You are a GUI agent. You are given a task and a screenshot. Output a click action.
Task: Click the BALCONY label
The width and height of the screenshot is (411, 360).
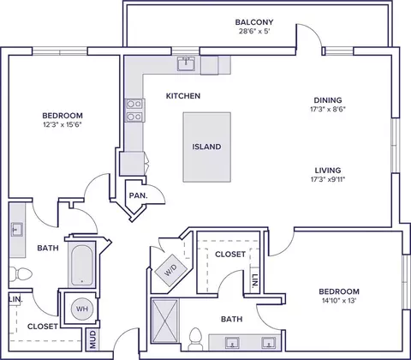click(x=254, y=22)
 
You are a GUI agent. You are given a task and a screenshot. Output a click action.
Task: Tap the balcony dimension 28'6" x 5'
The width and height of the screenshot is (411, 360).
click(x=254, y=31)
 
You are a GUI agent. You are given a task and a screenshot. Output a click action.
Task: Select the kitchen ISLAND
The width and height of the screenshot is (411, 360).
click(x=206, y=147)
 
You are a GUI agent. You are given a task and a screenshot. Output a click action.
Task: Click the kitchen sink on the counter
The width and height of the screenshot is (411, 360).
click(x=186, y=63)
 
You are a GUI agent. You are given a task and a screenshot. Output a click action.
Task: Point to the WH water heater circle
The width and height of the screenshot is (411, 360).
click(x=82, y=309)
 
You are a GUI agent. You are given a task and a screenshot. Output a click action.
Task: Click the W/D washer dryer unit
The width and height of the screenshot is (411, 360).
click(x=170, y=269)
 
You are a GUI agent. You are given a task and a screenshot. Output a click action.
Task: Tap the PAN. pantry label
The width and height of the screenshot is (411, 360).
click(x=139, y=195)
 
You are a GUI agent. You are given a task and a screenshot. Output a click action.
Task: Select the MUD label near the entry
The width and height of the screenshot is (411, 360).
click(x=93, y=339)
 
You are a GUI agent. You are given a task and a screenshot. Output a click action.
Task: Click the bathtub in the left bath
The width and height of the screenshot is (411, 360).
click(x=81, y=265)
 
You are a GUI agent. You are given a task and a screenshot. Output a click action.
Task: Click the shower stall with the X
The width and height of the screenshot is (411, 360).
click(x=164, y=325)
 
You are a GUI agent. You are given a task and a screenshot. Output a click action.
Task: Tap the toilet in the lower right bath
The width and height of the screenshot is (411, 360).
click(x=195, y=339)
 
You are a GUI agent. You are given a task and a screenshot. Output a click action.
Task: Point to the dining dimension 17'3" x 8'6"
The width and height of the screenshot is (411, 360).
click(x=328, y=109)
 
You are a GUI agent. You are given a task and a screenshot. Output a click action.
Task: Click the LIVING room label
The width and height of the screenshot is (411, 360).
click(x=328, y=171)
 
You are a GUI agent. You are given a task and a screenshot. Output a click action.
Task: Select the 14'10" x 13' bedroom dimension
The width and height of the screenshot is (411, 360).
click(x=339, y=301)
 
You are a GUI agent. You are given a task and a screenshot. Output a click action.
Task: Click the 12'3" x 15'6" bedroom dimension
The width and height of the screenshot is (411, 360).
click(x=63, y=124)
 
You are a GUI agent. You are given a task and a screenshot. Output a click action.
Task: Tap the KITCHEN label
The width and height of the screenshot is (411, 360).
click(x=183, y=96)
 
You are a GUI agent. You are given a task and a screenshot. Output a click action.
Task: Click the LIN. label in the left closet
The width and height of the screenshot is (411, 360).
click(x=15, y=300)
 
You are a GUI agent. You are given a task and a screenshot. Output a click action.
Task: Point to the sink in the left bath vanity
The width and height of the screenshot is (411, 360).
click(x=17, y=230)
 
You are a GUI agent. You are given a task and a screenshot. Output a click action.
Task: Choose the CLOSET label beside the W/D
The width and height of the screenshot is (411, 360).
click(x=230, y=254)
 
